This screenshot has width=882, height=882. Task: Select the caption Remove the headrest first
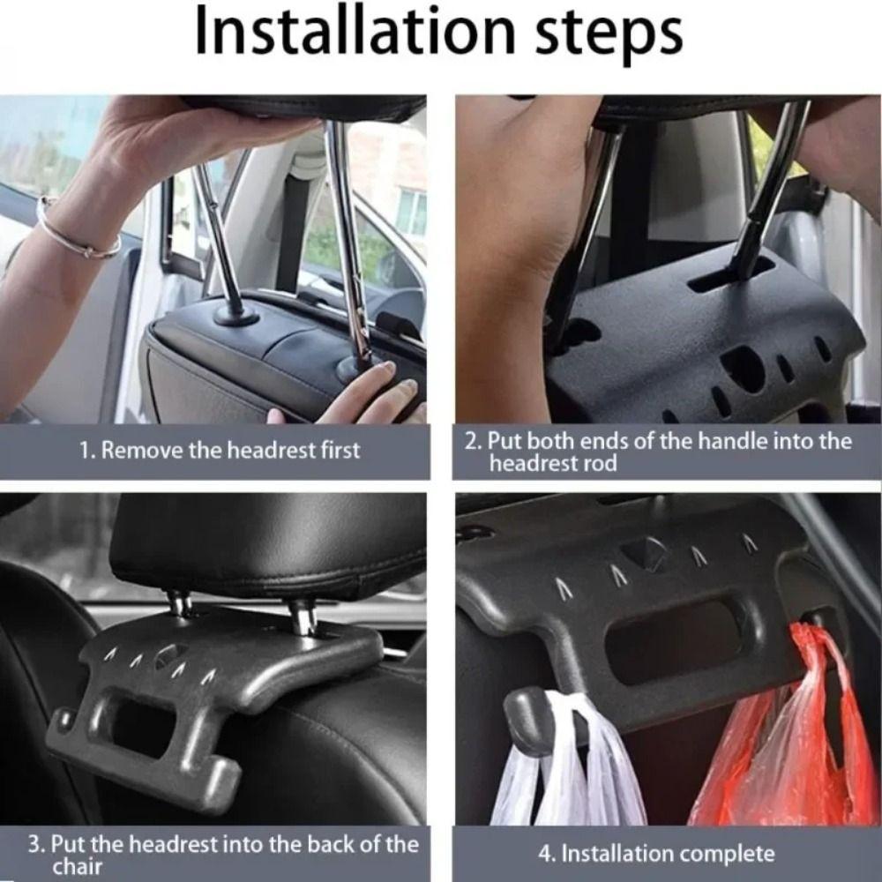[x=220, y=451]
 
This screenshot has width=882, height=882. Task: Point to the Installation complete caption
[x=656, y=854]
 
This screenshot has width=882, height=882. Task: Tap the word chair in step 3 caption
[x=78, y=867]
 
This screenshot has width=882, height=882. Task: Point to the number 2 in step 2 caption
[x=472, y=441]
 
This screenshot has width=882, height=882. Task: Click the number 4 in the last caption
[x=545, y=854]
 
